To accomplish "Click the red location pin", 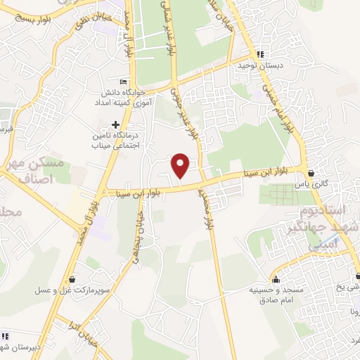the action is click(181, 165).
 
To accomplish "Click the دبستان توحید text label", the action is click(261, 65).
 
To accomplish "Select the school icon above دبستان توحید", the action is click(261, 54).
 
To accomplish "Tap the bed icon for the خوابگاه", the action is click(124, 81).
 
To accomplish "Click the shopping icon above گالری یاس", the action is click(311, 172).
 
